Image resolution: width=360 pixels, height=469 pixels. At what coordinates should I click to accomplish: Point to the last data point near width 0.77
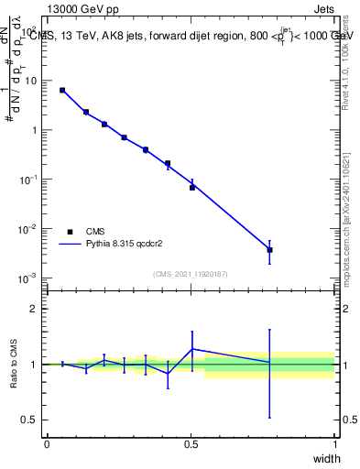tap(269, 249)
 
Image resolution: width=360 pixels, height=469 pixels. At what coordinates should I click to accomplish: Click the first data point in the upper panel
tap(62, 90)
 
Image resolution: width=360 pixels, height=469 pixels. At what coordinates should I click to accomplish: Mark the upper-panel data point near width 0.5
tap(192, 187)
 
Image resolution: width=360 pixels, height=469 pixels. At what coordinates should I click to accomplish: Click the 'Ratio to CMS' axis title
tap(14, 364)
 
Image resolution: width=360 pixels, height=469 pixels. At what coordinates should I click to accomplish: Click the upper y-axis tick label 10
tap(29, 81)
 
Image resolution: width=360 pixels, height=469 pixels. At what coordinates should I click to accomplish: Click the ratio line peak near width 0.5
tap(192, 349)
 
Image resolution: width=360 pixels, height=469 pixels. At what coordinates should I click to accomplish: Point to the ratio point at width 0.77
tap(269, 363)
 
